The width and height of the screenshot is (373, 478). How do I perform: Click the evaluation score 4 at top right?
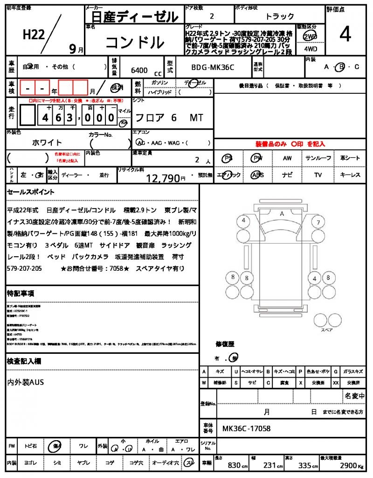coord(345,35)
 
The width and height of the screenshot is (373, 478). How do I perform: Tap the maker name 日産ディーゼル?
coord(132,17)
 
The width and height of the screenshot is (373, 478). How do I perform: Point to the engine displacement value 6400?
coord(139,70)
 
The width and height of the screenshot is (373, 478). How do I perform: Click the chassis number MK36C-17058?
coord(246,428)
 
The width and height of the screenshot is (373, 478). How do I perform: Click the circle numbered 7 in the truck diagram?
coord(318,222)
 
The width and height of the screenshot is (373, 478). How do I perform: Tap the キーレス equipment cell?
coord(350,175)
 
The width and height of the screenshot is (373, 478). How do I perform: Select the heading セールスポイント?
coord(31,192)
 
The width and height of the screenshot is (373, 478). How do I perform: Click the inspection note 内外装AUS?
coord(26,382)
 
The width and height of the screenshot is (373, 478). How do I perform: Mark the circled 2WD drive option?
coord(309,36)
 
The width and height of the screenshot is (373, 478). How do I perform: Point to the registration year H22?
coord(34,35)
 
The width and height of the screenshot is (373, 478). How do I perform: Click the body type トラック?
coord(280,16)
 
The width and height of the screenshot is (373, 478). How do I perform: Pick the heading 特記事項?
coord(21,293)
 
